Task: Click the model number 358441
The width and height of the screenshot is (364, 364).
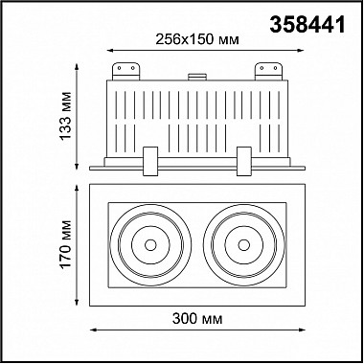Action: pyautogui.click(x=307, y=25)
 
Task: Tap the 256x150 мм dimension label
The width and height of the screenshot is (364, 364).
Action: pyautogui.click(x=197, y=40)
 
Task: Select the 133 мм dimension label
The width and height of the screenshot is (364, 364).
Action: pyautogui.click(x=66, y=116)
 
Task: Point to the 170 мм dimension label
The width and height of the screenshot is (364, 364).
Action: pyautogui.click(x=66, y=244)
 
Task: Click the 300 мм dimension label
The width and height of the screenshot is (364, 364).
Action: pyautogui.click(x=197, y=318)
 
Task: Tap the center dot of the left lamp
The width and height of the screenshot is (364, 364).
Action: pyautogui.click(x=150, y=245)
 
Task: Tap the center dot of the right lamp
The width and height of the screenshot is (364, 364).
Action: pyautogui.click(x=243, y=245)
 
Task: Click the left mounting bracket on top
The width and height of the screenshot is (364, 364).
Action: pyautogui.click(x=125, y=71)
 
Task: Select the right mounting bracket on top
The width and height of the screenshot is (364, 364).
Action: pyautogui.click(x=268, y=71)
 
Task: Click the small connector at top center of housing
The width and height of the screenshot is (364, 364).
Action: pyautogui.click(x=197, y=77)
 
